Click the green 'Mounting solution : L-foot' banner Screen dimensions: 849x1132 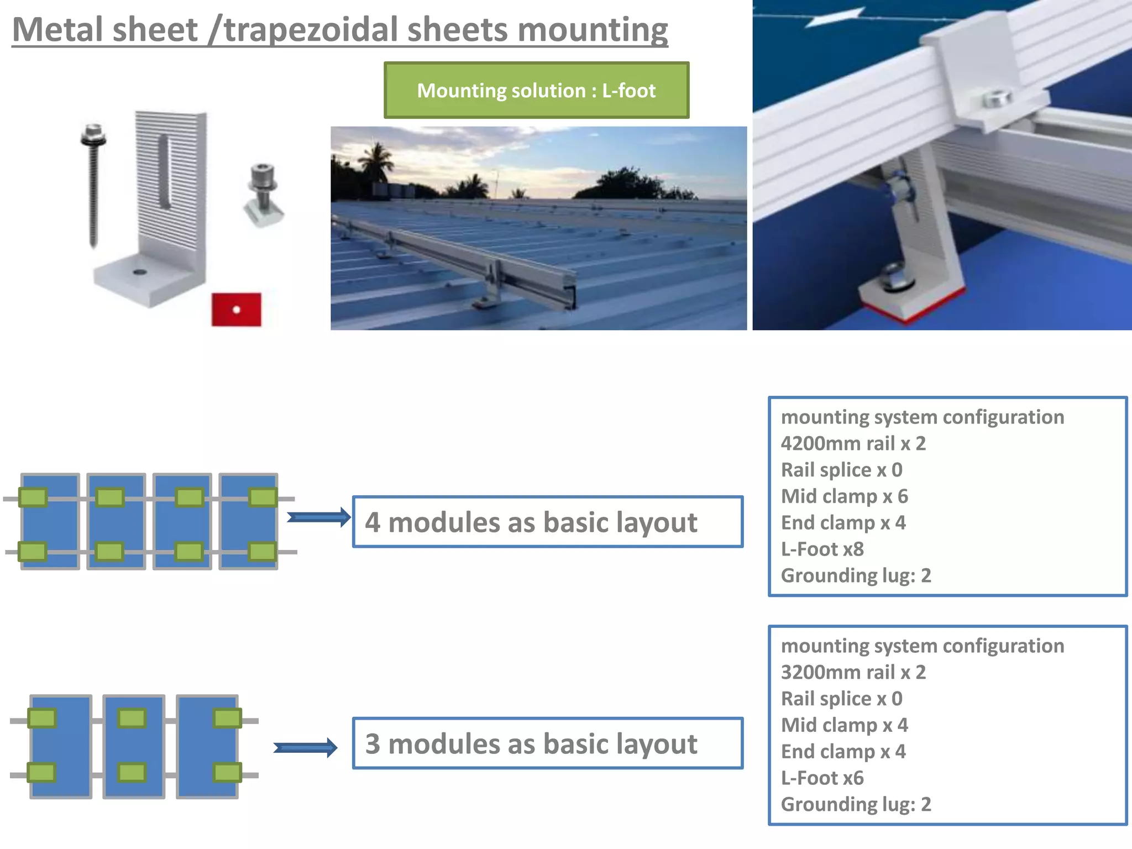536,90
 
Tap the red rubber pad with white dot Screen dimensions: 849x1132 236,310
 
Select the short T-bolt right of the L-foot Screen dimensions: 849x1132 263,193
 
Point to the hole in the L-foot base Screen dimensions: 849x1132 139,272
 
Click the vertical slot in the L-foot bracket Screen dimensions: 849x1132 164,171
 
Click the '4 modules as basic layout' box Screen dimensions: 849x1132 547,522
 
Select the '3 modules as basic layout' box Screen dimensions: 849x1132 547,743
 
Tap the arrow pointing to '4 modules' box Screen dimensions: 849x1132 318,517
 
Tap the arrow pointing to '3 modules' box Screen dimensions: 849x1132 305,748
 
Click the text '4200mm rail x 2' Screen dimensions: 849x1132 853,443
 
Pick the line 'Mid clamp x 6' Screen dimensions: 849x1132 844,496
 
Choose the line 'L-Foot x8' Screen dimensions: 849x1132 822,549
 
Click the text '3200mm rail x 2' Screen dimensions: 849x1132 853,672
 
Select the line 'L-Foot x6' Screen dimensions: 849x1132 822,778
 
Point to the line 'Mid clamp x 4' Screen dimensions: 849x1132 844,725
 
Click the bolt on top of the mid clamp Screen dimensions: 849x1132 997,99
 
